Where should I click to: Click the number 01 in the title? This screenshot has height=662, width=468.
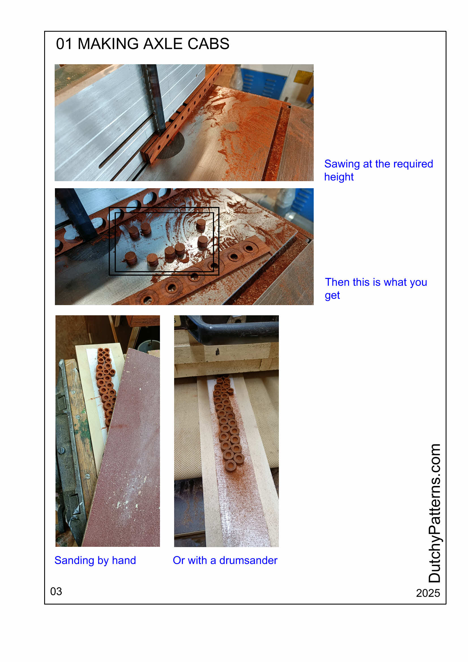[x=64, y=44]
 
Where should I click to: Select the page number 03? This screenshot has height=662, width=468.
[x=56, y=591]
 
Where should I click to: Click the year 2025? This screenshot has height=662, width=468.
[x=428, y=593]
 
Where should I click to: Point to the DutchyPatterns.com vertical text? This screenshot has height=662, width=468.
[x=434, y=513]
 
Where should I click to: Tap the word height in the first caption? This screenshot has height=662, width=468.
[x=339, y=177]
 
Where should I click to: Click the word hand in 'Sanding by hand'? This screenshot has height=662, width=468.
[x=124, y=560]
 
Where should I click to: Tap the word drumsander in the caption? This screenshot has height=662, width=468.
[x=248, y=560]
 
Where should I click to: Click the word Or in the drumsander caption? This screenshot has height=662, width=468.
[x=178, y=560]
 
